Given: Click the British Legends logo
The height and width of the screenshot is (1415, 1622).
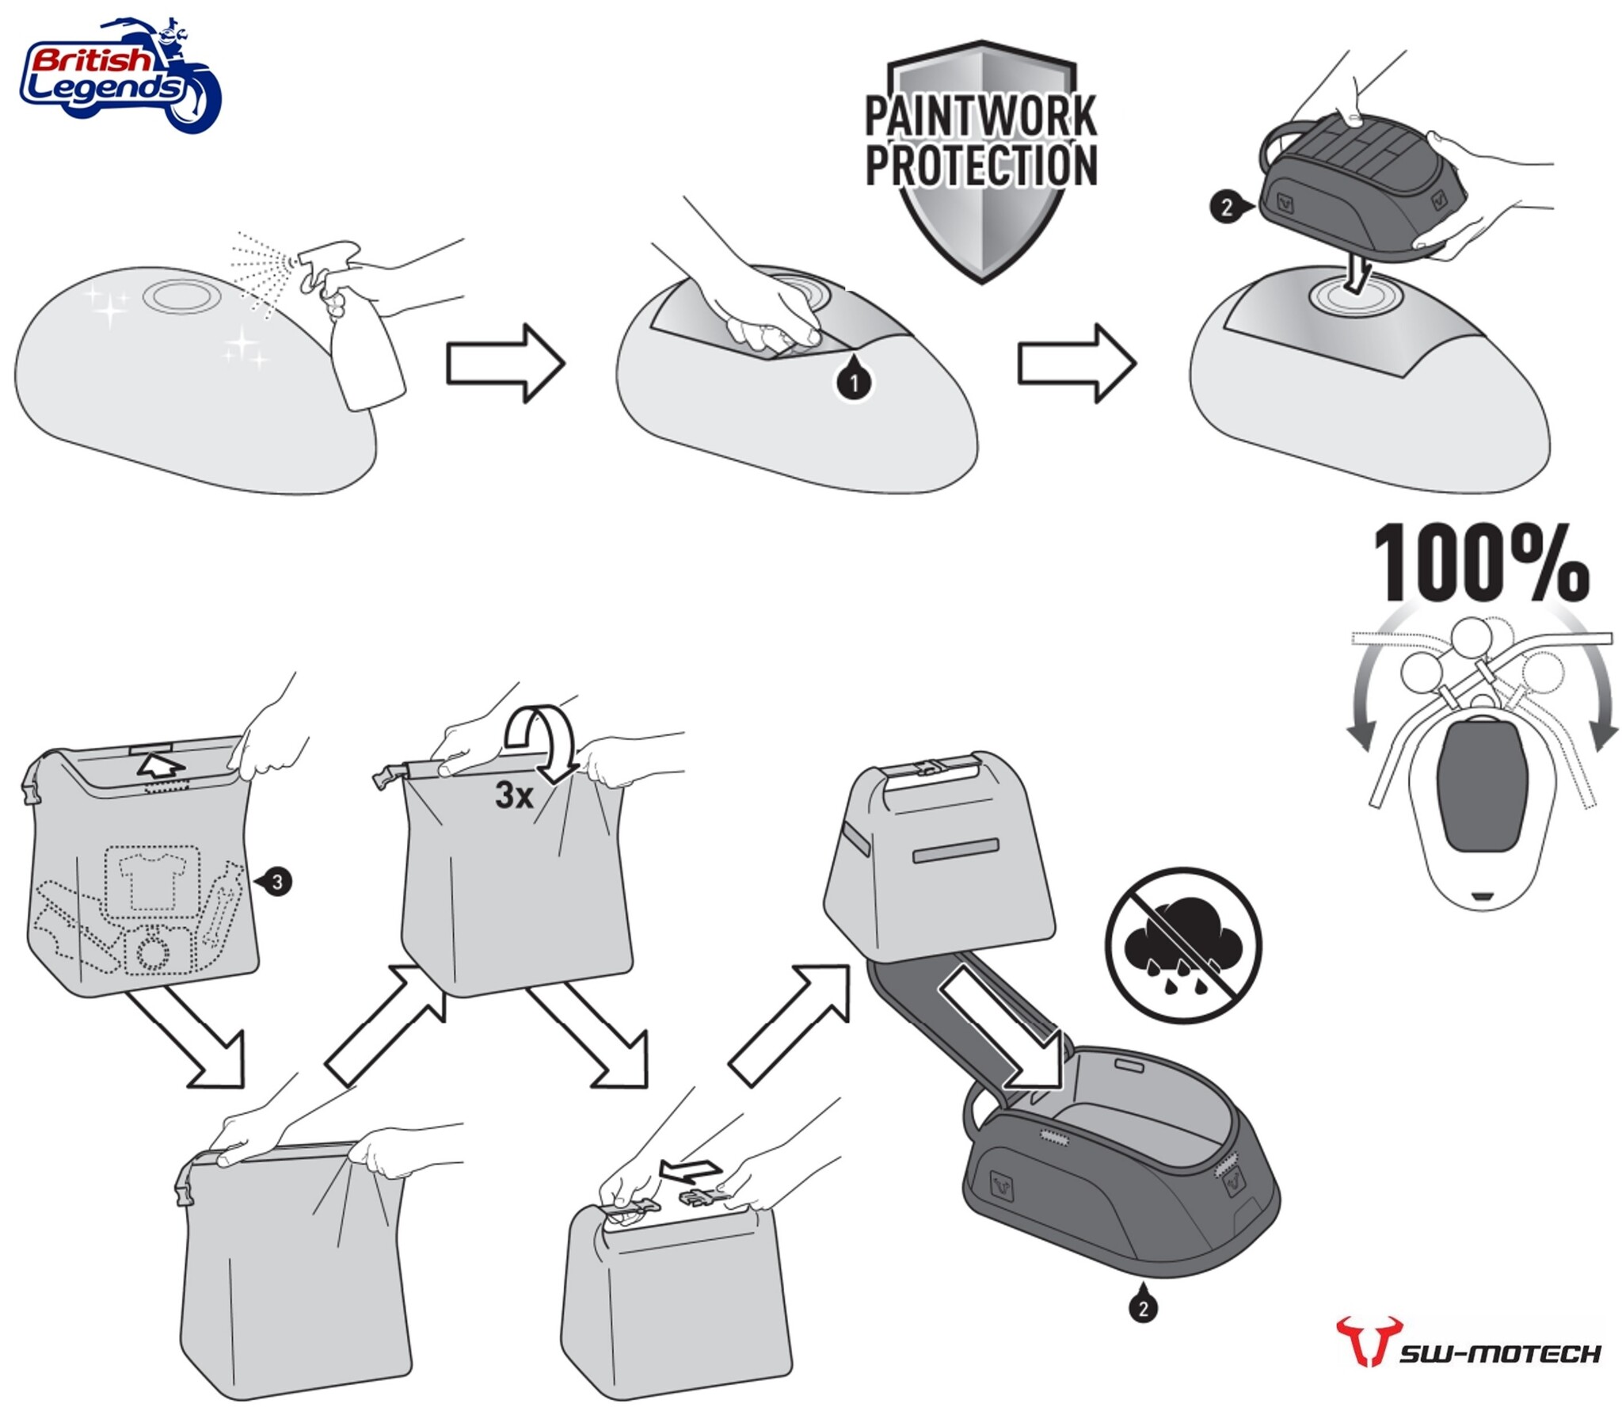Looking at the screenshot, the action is click(x=120, y=74).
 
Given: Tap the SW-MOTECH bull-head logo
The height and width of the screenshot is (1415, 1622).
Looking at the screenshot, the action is click(x=1368, y=1341).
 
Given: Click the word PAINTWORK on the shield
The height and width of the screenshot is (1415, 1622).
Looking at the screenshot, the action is click(x=980, y=116).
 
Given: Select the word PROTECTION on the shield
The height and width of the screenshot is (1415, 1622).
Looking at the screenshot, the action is click(x=980, y=165).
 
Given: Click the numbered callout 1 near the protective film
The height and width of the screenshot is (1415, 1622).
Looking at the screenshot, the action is click(x=854, y=383).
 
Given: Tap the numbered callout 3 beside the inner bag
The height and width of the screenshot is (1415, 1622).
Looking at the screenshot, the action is click(x=277, y=881).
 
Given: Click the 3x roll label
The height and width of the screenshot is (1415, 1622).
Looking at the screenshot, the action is click(x=515, y=795).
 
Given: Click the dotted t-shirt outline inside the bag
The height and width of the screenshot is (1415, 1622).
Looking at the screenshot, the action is click(x=153, y=882).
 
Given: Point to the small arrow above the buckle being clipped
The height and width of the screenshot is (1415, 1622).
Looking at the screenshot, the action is click(x=691, y=1170).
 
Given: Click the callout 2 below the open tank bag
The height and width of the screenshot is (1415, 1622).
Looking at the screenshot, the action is click(x=1143, y=1308).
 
